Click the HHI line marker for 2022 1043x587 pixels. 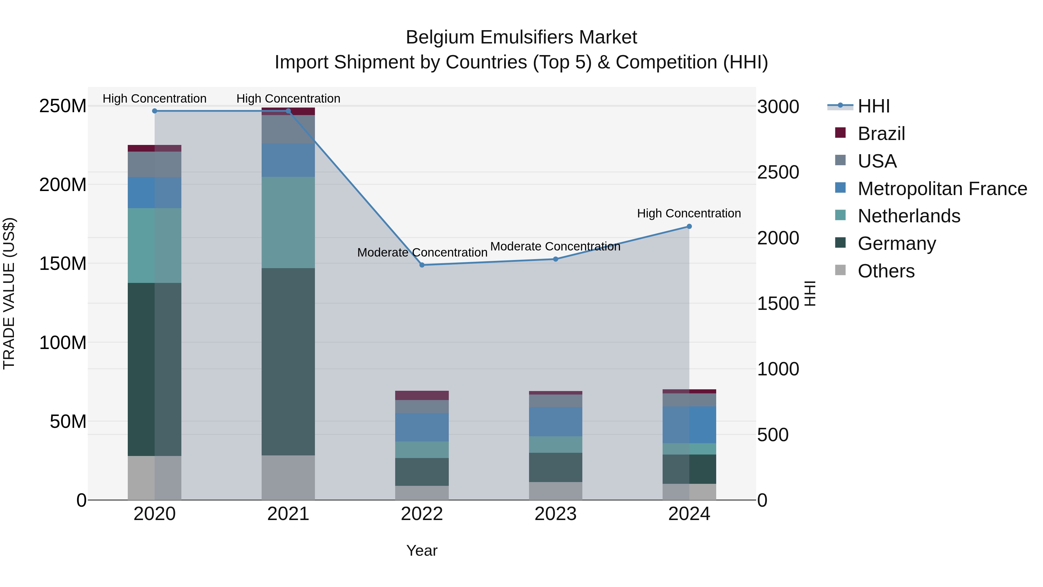[x=422, y=265]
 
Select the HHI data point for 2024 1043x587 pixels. [x=689, y=226]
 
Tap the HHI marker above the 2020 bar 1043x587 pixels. [x=155, y=111]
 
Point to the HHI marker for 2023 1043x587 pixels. [x=555, y=259]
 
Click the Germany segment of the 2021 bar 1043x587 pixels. [x=288, y=361]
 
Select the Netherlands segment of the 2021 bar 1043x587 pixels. [x=288, y=222]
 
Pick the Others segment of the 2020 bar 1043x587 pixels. [x=155, y=478]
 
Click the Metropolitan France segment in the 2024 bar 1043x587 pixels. [x=689, y=425]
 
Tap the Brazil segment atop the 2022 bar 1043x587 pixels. [x=422, y=395]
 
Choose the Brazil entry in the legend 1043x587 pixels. [x=881, y=134]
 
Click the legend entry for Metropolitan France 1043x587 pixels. [x=942, y=189]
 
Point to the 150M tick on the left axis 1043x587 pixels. [x=63, y=264]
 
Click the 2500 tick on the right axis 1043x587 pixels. [x=778, y=172]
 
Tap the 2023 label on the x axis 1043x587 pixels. [x=555, y=514]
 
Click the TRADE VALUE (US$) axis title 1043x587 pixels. [x=9, y=293]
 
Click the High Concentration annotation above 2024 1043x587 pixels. [x=689, y=213]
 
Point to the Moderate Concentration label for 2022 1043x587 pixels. [x=422, y=253]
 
